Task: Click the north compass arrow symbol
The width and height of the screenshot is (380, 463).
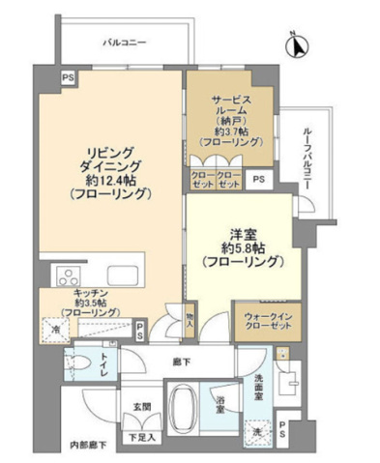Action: click(299, 43)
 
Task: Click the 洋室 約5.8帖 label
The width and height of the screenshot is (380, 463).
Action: click(241, 246)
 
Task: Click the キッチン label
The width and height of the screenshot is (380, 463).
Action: click(85, 300)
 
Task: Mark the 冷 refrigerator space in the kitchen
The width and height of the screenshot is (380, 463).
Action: click(56, 330)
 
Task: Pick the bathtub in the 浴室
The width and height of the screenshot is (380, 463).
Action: click(184, 404)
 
